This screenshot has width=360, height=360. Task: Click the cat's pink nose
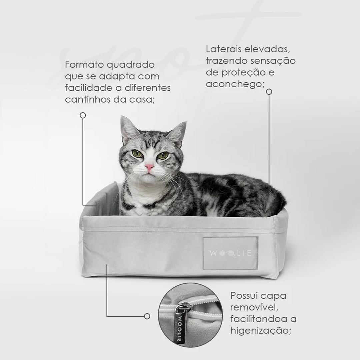(149, 166)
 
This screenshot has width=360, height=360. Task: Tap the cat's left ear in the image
(128, 128)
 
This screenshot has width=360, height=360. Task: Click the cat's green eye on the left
(137, 154)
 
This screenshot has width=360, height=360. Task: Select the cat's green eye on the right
(163, 155)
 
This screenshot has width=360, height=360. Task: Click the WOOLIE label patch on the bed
(230, 253)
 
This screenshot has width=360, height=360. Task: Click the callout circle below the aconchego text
(269, 92)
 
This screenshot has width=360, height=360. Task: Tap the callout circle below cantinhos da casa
(83, 115)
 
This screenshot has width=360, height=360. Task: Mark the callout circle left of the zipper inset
(147, 316)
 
